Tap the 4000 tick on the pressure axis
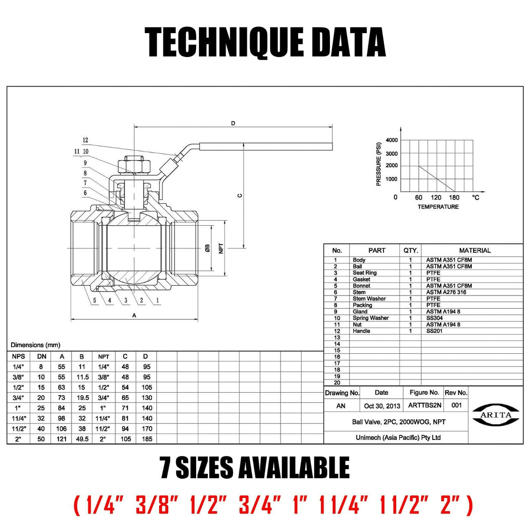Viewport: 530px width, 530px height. pos(392,140)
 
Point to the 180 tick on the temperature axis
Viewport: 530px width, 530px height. pos(454,197)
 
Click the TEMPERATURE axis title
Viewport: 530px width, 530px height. pos(438,207)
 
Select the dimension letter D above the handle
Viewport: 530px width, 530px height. pos(233,123)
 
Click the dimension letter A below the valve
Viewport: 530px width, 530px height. pos(134,315)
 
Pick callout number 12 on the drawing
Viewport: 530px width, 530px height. pos(85,140)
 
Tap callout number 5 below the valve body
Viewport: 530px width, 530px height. pos(95,301)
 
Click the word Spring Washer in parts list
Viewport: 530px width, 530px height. pos(371,318)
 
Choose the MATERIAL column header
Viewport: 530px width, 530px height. pos(475,250)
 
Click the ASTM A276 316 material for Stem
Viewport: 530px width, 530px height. pos(446,292)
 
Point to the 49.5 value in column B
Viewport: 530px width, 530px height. pos(82,439)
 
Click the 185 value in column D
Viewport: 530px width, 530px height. pos(147,439)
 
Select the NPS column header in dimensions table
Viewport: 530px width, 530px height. pos(19,356)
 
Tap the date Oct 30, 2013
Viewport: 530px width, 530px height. pos(382,406)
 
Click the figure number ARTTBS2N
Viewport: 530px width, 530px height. pos(424,405)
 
